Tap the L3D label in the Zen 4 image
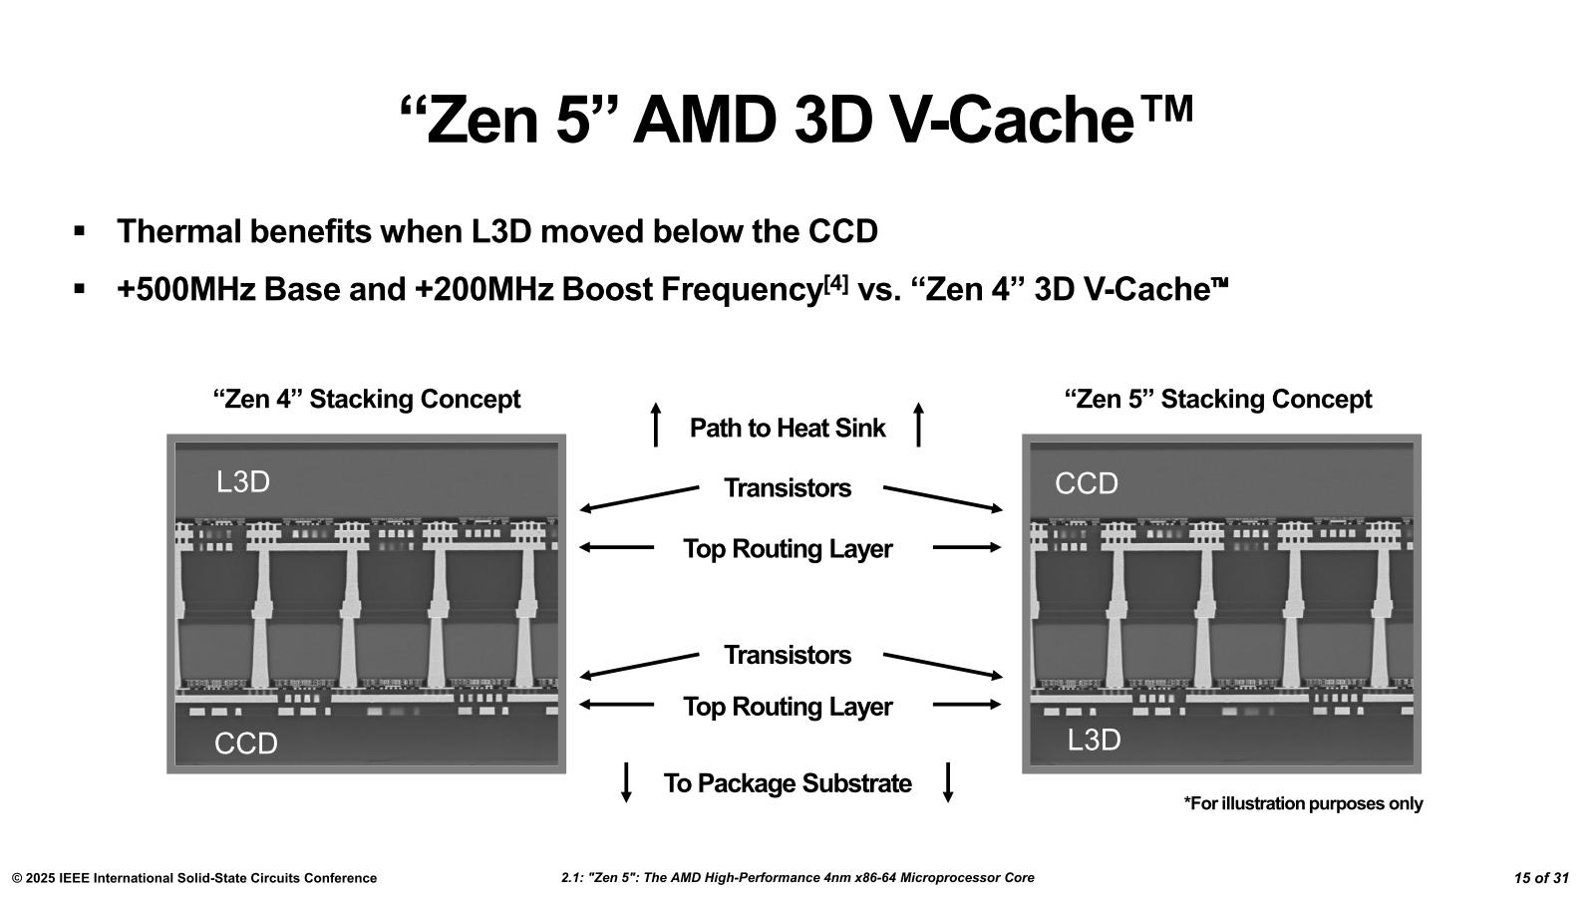(x=243, y=482)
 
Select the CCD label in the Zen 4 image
(x=246, y=744)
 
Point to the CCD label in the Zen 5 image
(x=1087, y=484)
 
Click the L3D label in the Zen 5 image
(x=1094, y=741)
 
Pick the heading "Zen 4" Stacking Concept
(x=367, y=400)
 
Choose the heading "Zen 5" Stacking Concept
(x=1218, y=400)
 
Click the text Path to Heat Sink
(x=788, y=429)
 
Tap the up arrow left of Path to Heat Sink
(x=655, y=425)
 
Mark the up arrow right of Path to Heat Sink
(x=918, y=425)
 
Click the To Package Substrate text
(x=788, y=783)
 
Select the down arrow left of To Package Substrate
(x=626, y=781)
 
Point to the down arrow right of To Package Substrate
(x=948, y=781)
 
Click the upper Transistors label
(x=788, y=488)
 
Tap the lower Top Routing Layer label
(x=788, y=707)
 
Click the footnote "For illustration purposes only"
(x=1303, y=803)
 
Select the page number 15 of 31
(x=1541, y=878)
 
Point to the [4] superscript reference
(x=836, y=284)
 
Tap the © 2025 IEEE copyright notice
(x=194, y=878)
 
